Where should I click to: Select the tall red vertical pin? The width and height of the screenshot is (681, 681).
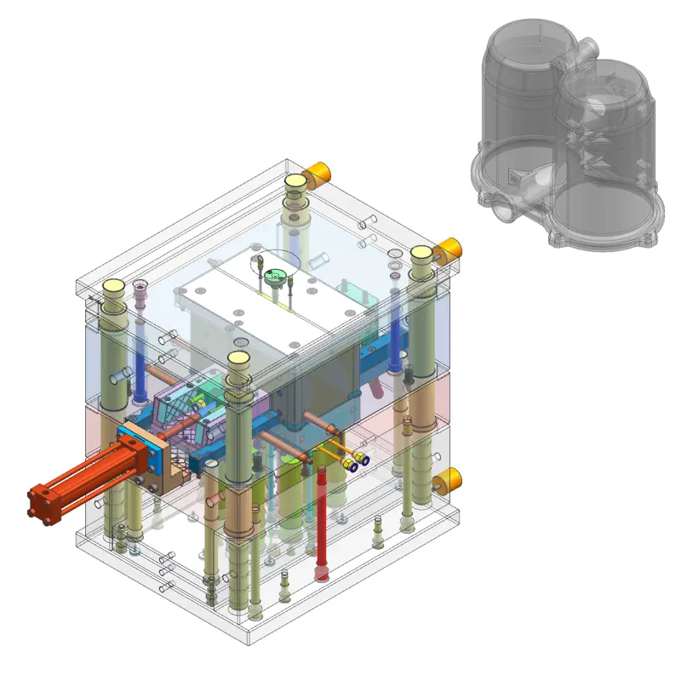(x=322, y=519)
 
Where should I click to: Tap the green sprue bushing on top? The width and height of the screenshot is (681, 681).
(x=273, y=275)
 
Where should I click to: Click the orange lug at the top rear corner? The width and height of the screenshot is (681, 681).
(x=319, y=174)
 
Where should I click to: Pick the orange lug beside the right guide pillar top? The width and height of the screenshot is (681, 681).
(x=448, y=249)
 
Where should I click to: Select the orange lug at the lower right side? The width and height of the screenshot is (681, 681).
(x=448, y=481)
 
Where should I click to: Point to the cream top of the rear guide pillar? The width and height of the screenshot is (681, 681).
(x=295, y=181)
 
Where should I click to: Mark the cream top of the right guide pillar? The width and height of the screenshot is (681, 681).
(x=421, y=255)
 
